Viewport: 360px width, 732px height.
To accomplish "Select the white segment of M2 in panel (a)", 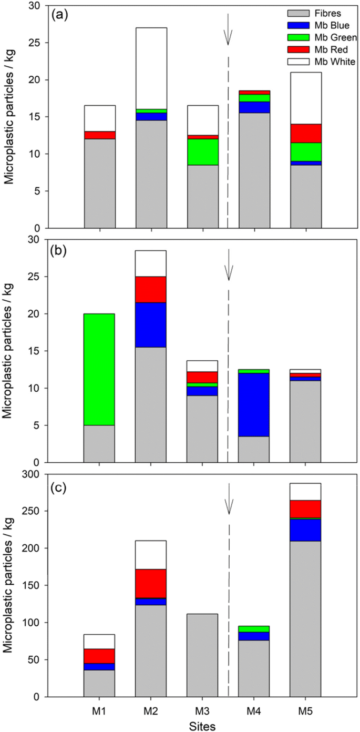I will [151, 68].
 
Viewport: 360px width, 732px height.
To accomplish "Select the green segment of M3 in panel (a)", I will [203, 154].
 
